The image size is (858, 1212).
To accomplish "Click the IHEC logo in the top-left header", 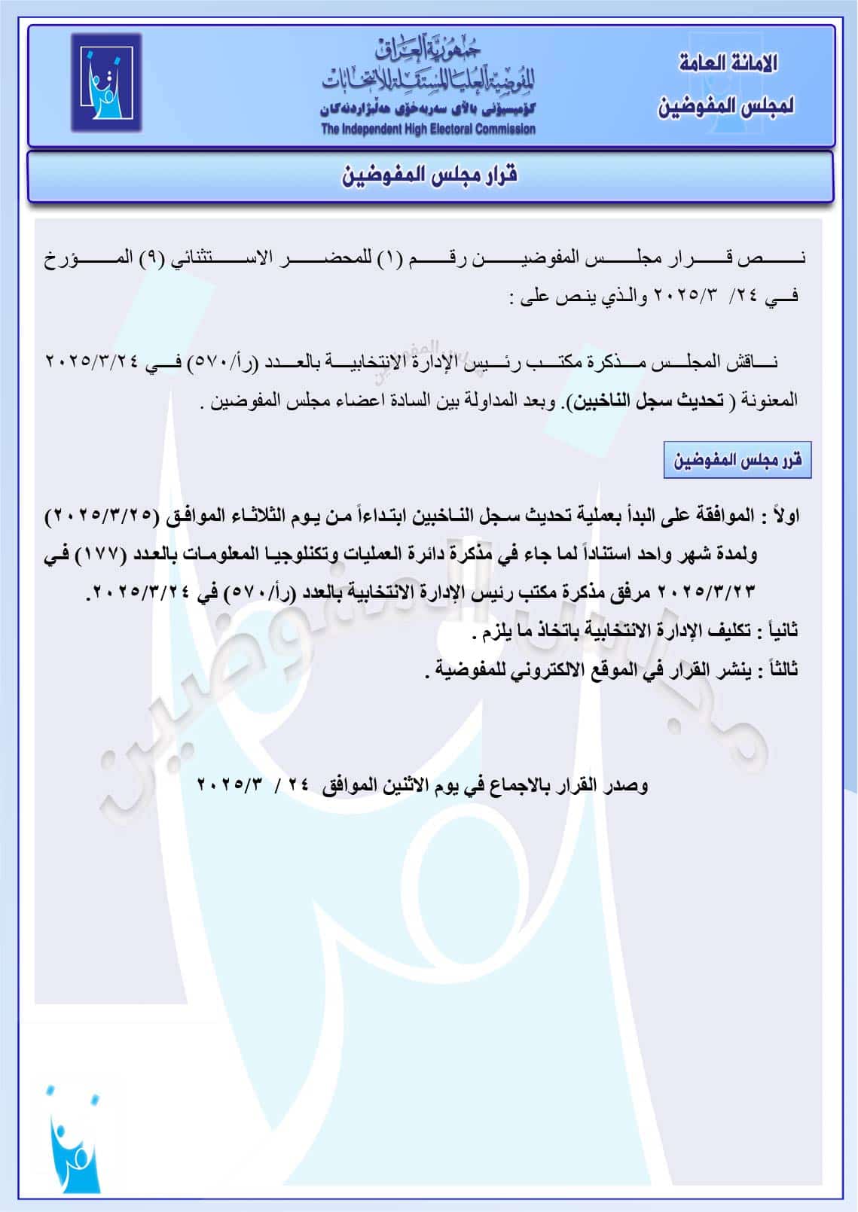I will coord(106,83).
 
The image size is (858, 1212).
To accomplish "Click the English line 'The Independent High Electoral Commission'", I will coord(428,129).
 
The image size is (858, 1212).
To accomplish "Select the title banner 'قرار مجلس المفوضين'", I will coord(430,176).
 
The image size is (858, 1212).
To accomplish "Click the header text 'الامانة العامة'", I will coord(728,64).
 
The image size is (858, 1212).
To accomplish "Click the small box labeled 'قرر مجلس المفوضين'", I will coord(737,460).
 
